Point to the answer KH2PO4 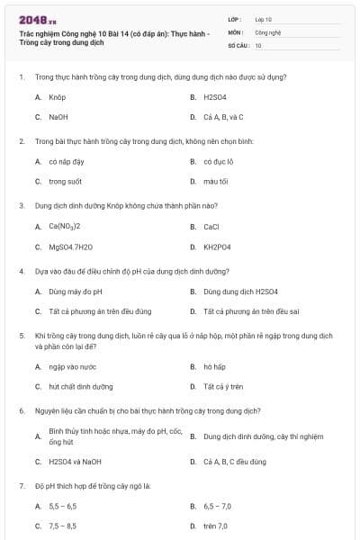[x=217, y=247]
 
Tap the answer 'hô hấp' [x=213, y=366]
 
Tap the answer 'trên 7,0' [x=216, y=526]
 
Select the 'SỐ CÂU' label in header [x=237, y=44]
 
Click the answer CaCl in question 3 [x=211, y=226]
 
